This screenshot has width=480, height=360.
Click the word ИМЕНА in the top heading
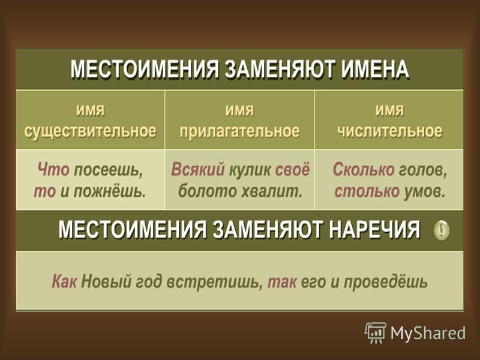tap(376, 70)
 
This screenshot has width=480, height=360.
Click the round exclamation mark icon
tap(442, 230)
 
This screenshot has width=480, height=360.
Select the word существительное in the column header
tap(91, 131)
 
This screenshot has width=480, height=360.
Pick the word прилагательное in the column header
tap(239, 131)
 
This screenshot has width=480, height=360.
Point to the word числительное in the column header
tap(389, 131)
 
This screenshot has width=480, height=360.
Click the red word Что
tap(53, 169)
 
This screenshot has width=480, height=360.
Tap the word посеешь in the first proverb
tap(109, 170)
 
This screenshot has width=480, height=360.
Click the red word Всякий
tap(198, 169)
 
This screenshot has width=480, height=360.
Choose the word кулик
tap(250, 170)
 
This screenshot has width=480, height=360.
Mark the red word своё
tap(292, 169)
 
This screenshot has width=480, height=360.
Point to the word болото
tap(207, 191)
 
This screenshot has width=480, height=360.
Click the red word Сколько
tap(364, 169)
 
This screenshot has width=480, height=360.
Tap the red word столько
tap(367, 191)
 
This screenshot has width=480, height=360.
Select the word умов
tap(424, 191)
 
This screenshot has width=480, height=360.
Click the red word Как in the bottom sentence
tap(64, 281)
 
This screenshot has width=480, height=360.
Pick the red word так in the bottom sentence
tap(282, 281)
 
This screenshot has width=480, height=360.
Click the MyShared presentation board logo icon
tap(375, 333)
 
